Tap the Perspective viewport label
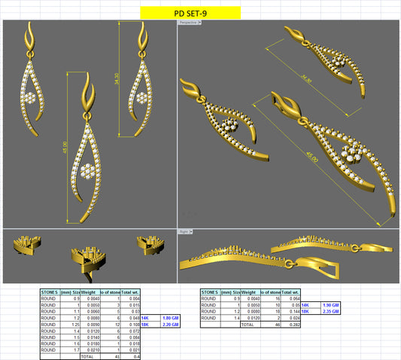[x=188, y=23]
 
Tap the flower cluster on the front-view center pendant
[x=89, y=171]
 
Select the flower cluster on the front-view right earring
[x=141, y=99]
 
